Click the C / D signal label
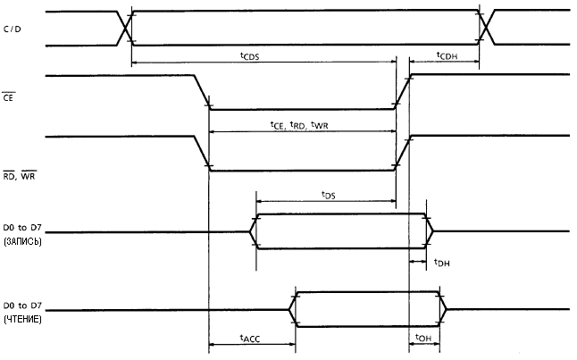pos(13,29)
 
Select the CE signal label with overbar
pos(8,97)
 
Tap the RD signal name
pos(8,176)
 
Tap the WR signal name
pos(28,176)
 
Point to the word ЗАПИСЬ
pos(23,241)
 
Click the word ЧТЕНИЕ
pos(23,319)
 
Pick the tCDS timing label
pos(249,56)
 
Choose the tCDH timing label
pos(447,56)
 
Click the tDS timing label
pos(328,195)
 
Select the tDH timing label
pos(441,263)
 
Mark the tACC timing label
pos(250,338)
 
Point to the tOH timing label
pos(423,338)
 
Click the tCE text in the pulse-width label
pos(277,125)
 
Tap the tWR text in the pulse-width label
pos(320,125)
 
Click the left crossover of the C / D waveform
pos(124,28)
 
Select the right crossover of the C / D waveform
pos(486,27)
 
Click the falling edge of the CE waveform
pos(202,92)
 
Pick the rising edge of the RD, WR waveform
pos(402,153)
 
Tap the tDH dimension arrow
pos(418,262)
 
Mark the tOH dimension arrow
pos(424,344)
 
